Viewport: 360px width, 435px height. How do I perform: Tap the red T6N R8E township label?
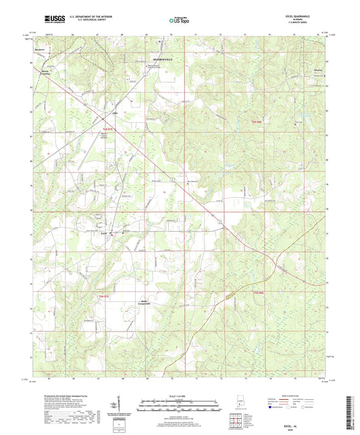(x=256, y=122)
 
